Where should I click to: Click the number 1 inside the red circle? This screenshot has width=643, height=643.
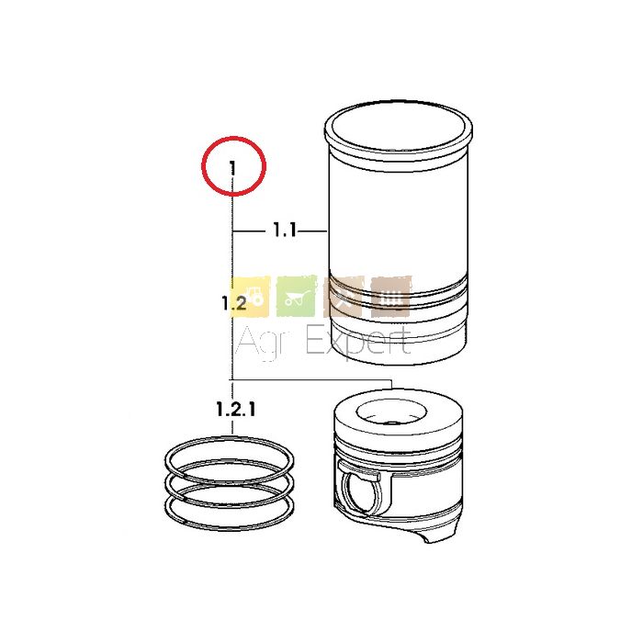pos(232,168)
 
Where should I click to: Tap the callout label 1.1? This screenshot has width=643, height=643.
pos(285,230)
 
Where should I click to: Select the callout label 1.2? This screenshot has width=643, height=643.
pos(234,303)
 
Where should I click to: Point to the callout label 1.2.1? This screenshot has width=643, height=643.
pos(236,409)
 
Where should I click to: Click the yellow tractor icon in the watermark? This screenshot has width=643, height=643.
pos(250,297)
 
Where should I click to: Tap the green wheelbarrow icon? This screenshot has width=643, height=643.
pos(297,297)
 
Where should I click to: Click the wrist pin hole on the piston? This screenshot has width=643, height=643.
pos(361,492)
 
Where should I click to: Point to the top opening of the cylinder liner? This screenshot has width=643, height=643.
pos(398,129)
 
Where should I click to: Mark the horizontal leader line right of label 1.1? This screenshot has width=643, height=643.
pos(313,231)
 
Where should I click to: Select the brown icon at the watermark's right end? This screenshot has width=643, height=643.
pos(390,297)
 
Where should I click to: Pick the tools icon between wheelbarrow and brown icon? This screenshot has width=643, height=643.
pos(344,297)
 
